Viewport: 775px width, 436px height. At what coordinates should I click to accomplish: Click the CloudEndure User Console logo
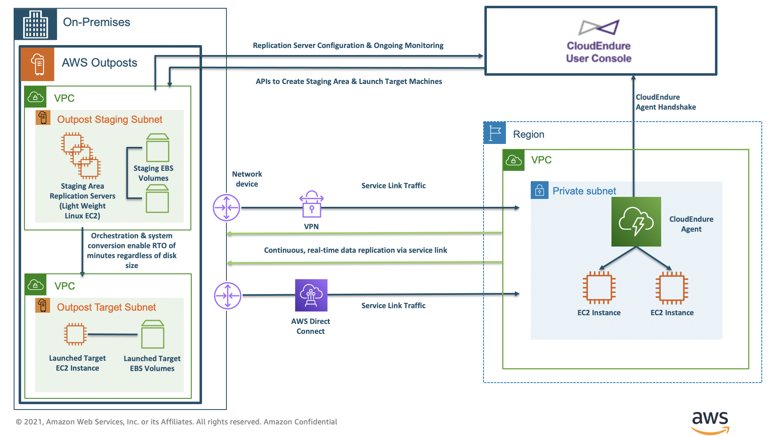click(599, 28)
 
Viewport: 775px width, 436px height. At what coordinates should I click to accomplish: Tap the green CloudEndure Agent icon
click(636, 222)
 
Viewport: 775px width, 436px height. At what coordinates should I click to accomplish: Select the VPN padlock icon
click(311, 204)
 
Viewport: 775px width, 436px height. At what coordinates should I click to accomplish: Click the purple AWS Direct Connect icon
click(311, 295)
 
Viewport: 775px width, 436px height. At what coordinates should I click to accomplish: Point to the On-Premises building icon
click(36, 24)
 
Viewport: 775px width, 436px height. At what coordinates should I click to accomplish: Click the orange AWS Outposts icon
click(38, 64)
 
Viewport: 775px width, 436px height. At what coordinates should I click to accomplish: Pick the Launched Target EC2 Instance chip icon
click(75, 334)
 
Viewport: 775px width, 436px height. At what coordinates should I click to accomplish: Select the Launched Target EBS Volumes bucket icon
click(152, 334)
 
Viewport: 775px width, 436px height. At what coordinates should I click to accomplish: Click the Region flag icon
click(495, 133)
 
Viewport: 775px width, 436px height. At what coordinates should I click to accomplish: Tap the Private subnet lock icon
click(539, 190)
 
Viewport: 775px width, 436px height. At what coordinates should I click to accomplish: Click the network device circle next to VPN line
click(226, 208)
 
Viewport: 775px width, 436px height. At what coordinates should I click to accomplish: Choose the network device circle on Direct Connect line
click(227, 295)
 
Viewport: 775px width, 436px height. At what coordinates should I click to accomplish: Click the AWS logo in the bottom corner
click(710, 422)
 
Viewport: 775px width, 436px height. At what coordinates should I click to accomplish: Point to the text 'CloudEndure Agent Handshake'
click(665, 102)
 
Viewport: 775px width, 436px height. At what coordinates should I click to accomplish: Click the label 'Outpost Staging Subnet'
click(109, 120)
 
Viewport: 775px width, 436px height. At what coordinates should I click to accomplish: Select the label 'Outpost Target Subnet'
click(106, 307)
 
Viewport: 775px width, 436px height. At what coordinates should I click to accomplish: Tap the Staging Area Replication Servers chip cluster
click(81, 155)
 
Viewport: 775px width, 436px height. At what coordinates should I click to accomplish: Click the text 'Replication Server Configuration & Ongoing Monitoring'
click(348, 46)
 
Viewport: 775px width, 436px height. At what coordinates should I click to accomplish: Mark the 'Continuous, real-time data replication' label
click(355, 250)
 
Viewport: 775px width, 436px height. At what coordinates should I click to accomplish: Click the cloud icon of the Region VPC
click(513, 160)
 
